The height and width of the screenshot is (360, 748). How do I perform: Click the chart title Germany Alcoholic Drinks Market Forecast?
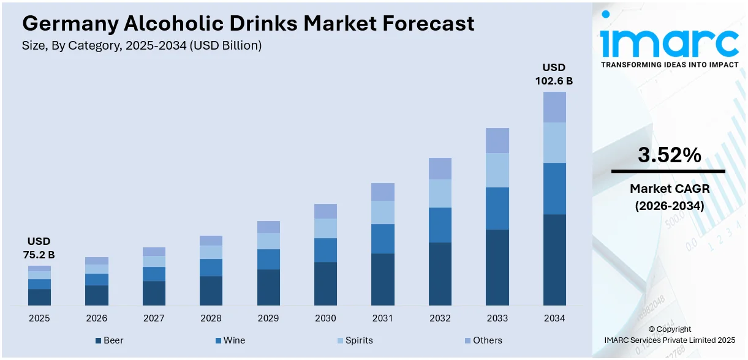point(248,23)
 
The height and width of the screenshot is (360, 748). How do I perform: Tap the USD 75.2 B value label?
point(39,248)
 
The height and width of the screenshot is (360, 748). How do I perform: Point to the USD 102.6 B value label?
point(554,73)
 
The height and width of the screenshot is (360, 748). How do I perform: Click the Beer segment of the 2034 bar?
point(554,260)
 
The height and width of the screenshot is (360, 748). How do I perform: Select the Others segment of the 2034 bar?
point(554,107)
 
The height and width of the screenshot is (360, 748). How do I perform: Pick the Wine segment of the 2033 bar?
point(497,208)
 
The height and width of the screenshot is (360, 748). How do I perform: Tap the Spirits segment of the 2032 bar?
point(440,193)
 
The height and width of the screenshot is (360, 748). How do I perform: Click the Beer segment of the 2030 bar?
point(325,283)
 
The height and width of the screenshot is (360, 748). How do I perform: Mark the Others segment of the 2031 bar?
point(383,192)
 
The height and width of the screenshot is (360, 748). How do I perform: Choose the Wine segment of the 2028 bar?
point(211,268)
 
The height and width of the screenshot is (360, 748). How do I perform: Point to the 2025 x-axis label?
point(39,318)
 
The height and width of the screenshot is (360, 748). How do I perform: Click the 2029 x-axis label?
point(268,318)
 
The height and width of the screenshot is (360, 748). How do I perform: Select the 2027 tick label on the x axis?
point(154,318)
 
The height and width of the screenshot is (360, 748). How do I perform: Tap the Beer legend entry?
point(110,340)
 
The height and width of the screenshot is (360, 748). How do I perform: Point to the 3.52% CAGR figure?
point(669,156)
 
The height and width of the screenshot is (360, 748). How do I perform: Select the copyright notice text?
point(669,334)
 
